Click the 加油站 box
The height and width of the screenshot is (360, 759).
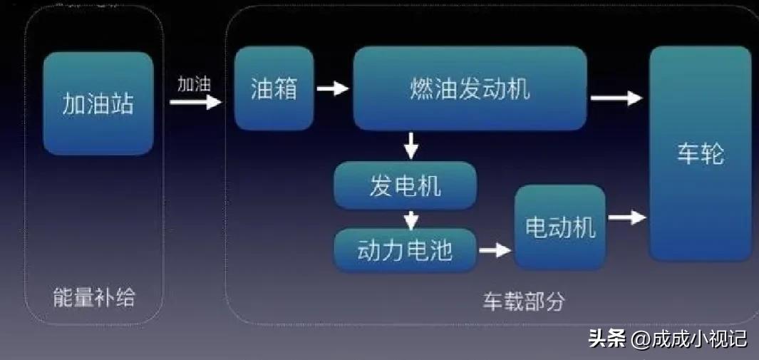click(x=98, y=103)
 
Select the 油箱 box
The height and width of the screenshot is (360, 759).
click(x=274, y=89)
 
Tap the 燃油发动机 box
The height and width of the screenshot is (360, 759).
click(x=470, y=88)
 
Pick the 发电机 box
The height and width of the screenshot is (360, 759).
click(x=405, y=185)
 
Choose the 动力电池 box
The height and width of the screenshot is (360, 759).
click(x=405, y=250)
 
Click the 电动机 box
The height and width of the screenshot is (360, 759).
click(x=560, y=227)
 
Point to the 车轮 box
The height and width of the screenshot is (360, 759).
click(x=700, y=153)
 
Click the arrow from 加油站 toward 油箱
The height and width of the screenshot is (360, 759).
click(x=195, y=102)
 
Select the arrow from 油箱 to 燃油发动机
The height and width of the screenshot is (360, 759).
click(x=333, y=89)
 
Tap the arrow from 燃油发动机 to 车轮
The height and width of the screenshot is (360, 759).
click(x=616, y=98)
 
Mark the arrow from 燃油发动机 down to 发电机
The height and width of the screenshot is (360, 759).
click(x=411, y=145)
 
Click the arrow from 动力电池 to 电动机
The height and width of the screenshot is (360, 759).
click(x=495, y=250)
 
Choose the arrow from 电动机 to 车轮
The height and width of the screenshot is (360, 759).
click(x=627, y=217)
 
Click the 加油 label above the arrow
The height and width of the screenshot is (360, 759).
click(x=195, y=84)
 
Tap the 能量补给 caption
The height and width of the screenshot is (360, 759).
click(x=94, y=297)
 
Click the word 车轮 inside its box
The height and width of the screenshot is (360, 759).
click(x=700, y=153)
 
